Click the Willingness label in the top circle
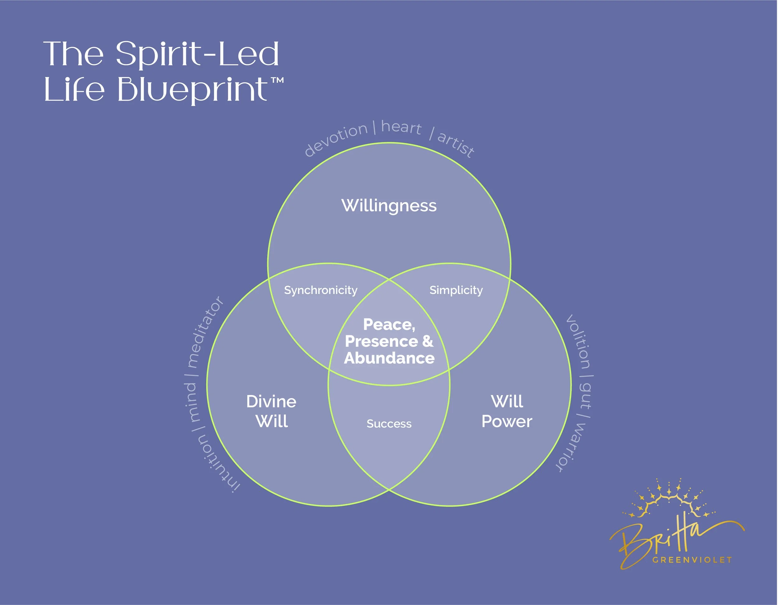(x=389, y=206)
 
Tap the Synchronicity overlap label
(x=321, y=290)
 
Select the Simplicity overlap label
(x=456, y=290)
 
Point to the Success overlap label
(x=389, y=424)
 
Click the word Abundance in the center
(x=389, y=358)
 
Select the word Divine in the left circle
(x=271, y=402)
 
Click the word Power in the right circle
(x=507, y=421)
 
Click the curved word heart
(x=401, y=127)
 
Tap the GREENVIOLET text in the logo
(x=692, y=560)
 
